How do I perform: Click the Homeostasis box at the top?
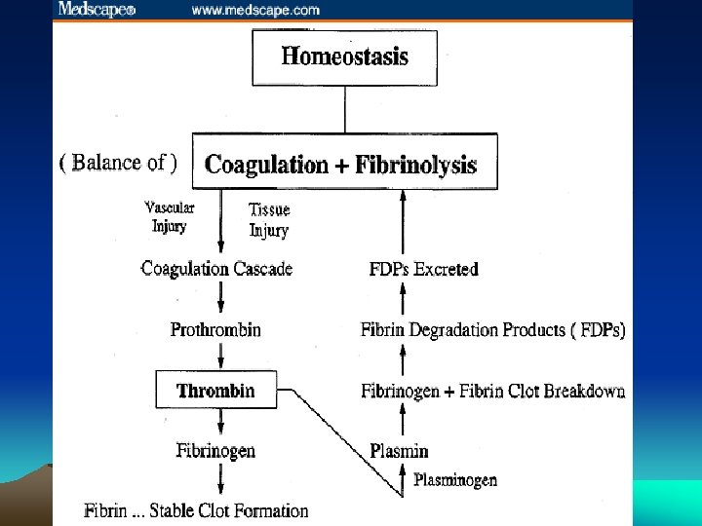pyautogui.click(x=344, y=56)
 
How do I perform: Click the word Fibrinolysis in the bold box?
pyautogui.click(x=415, y=164)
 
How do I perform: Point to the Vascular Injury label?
pyautogui.click(x=170, y=216)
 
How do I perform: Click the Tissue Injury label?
pyautogui.click(x=269, y=220)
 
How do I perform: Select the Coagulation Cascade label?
pyautogui.click(x=216, y=269)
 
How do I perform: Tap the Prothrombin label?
pyautogui.click(x=215, y=329)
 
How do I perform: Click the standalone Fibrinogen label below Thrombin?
pyautogui.click(x=215, y=450)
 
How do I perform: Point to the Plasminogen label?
pyautogui.click(x=455, y=479)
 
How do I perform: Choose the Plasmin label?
pyautogui.click(x=399, y=450)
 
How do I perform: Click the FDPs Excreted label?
pyautogui.click(x=423, y=269)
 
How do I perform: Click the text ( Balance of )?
pyautogui.click(x=119, y=163)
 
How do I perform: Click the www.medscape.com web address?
pyautogui.click(x=255, y=11)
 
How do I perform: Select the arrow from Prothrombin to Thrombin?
pyautogui.click(x=216, y=355)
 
